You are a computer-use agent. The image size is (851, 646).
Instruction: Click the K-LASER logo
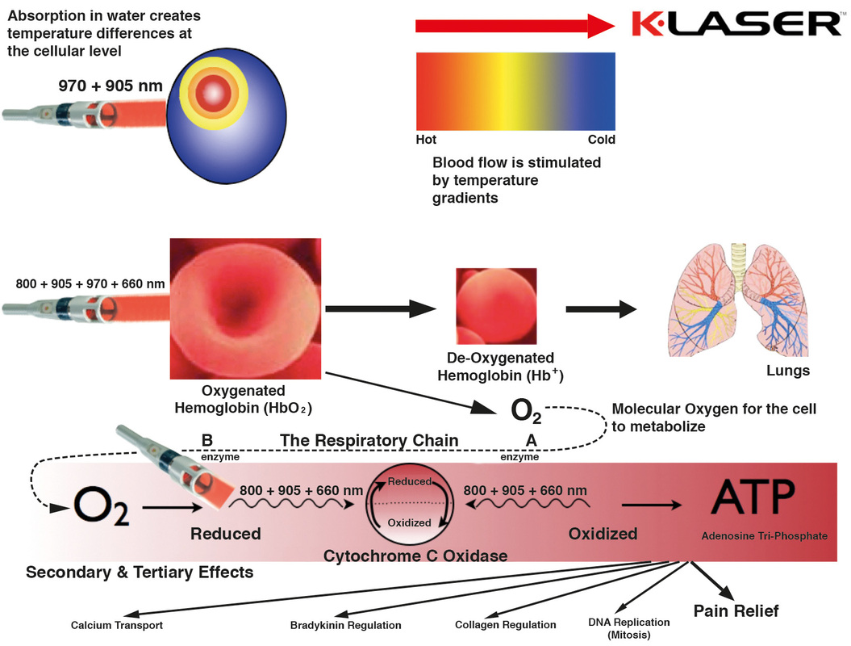pyautogui.click(x=737, y=24)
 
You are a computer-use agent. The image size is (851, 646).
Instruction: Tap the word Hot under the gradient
pyautogui.click(x=426, y=140)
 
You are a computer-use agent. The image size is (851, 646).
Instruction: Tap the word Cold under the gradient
pyautogui.click(x=601, y=140)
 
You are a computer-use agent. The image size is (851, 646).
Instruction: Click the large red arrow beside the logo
pyautogui.click(x=515, y=26)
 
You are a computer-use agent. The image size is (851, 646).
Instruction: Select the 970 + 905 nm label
pyautogui.click(x=111, y=86)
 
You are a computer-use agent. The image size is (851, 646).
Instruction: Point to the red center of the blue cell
pyautogui.click(x=214, y=94)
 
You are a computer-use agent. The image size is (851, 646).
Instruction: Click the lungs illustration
pyautogui.click(x=738, y=300)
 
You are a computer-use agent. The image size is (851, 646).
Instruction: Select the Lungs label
pyautogui.click(x=787, y=371)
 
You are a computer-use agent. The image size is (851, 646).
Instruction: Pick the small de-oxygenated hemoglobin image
pyautogui.click(x=496, y=306)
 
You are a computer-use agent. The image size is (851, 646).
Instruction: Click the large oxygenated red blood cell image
pyautogui.click(x=245, y=308)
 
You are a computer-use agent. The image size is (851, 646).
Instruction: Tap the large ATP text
pyautogui.click(x=753, y=497)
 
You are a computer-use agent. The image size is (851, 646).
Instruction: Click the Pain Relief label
pyautogui.click(x=736, y=610)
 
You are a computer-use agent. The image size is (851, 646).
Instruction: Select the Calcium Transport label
pyautogui.click(x=117, y=625)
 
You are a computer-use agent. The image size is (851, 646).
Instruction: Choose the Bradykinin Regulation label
pyautogui.click(x=346, y=625)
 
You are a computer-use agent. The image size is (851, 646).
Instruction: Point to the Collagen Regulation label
pyautogui.click(x=505, y=625)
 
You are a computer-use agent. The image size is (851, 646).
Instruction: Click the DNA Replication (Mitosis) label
pyautogui.click(x=629, y=628)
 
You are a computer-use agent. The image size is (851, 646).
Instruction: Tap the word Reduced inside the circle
pyautogui.click(x=409, y=481)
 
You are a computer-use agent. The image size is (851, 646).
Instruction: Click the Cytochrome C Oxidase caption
pyautogui.click(x=415, y=556)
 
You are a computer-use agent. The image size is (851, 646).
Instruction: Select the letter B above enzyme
pyautogui.click(x=206, y=440)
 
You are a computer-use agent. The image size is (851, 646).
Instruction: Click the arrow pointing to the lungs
pyautogui.click(x=601, y=309)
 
